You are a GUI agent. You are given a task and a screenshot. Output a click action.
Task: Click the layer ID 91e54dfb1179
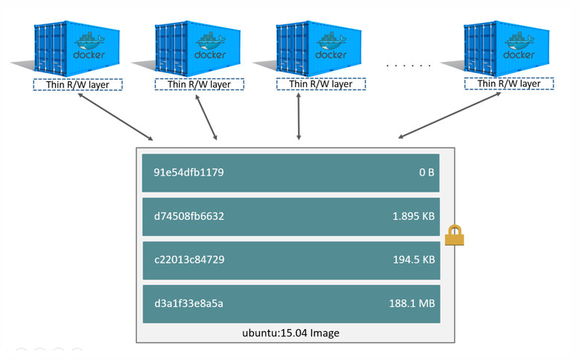pos(188,173)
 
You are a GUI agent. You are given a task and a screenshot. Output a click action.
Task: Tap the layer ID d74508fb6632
pos(189,217)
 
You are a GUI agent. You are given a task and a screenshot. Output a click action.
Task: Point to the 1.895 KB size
pos(413,217)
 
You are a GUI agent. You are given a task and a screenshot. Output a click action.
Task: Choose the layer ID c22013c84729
pos(189,260)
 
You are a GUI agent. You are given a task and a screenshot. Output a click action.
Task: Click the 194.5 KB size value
pos(413,260)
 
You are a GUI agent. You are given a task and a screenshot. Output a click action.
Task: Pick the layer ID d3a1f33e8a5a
pos(188,303)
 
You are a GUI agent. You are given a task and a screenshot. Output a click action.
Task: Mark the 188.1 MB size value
pos(412,303)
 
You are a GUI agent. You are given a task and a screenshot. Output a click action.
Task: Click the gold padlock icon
pos(455,235)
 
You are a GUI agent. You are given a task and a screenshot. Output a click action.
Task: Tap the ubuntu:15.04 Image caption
pos(291,333)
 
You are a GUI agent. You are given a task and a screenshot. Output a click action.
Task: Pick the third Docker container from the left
pos(319,49)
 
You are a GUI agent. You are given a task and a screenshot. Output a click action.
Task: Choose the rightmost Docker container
pos(507,49)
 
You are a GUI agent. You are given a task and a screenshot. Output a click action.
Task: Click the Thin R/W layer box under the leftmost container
pos(77,85)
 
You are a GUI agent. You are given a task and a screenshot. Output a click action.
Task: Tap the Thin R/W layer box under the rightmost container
pos(509,84)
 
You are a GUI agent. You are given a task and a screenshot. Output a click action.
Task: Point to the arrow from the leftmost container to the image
pos(114,116)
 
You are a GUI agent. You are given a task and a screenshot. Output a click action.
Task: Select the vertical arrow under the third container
pos(298,116)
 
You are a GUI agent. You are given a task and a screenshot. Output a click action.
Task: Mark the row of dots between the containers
pos(408,66)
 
